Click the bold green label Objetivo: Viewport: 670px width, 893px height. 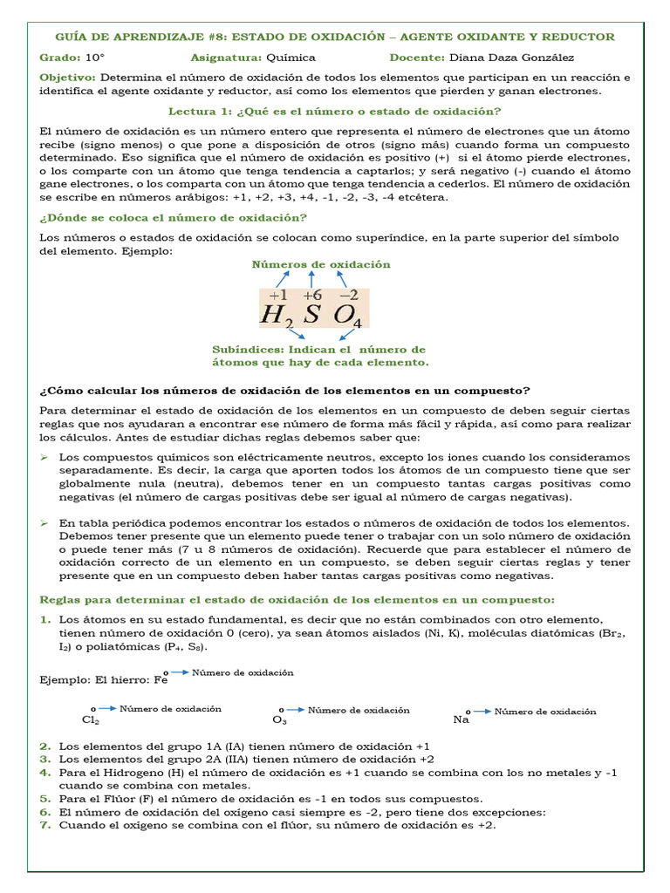click(70, 78)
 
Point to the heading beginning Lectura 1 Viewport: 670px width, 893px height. click(334, 111)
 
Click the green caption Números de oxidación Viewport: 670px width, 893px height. click(321, 264)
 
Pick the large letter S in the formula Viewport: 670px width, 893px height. click(311, 315)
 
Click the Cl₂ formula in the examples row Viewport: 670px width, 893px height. click(90, 720)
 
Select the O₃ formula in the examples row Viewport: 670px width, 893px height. click(279, 721)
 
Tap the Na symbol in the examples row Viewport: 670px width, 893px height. click(461, 720)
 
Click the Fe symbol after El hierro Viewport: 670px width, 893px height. click(160, 680)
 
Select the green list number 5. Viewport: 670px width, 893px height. click(44, 798)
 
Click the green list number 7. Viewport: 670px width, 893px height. click(44, 825)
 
